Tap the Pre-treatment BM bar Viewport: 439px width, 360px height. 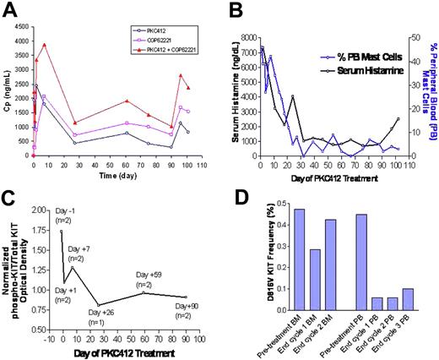click(299, 253)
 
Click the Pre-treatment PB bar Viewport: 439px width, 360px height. click(360, 255)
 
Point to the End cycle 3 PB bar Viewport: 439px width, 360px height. click(407, 292)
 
